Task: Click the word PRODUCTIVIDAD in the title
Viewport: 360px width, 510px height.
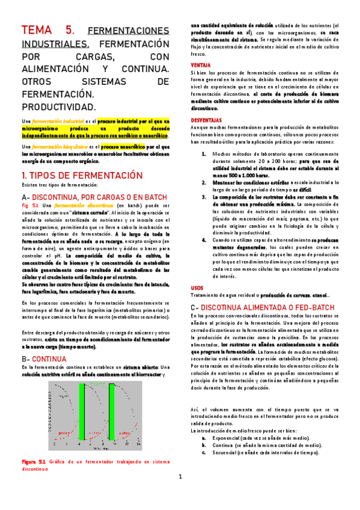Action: point(59,107)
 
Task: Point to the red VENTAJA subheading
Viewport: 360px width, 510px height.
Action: point(200,64)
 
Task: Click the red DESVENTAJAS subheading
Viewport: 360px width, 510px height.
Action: point(206,120)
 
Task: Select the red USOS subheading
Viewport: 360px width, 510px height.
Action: point(197,287)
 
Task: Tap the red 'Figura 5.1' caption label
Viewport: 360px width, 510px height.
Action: point(34,461)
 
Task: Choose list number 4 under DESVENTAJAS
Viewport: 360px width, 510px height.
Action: point(204,241)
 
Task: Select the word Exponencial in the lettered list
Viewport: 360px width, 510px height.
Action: point(223,438)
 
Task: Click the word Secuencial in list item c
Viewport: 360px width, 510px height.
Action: point(222,452)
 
